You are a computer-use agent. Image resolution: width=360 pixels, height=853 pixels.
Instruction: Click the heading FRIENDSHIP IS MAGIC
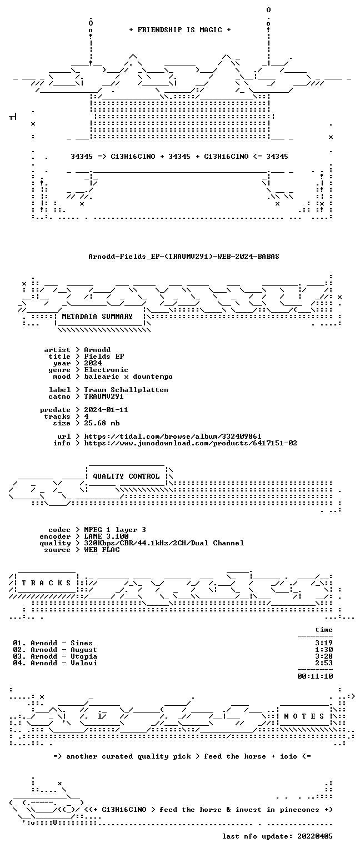[180, 29]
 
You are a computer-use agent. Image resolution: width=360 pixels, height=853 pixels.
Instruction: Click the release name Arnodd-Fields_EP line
[184, 256]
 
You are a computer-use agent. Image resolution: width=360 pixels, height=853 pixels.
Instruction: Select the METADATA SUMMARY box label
[97, 316]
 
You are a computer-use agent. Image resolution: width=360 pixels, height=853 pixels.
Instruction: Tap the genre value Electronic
[106, 370]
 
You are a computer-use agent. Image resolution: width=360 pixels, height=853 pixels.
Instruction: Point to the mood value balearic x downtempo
[128, 377]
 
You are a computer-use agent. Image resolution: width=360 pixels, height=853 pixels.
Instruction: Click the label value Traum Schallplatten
[126, 390]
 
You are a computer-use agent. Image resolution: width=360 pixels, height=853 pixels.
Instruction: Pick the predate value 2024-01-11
[106, 410]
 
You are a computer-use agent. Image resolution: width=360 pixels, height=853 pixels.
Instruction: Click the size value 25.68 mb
[102, 423]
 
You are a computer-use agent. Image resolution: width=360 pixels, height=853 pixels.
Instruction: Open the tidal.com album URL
[173, 436]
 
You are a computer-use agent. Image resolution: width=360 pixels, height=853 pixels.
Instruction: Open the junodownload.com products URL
[191, 443]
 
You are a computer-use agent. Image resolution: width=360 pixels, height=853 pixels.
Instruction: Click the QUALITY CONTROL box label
[126, 476]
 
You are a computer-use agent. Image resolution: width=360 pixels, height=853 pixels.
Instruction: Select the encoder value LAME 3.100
[106, 536]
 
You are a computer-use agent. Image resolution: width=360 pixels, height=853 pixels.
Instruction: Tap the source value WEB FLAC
[102, 550]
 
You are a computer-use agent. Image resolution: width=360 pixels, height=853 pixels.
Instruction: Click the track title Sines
[82, 643]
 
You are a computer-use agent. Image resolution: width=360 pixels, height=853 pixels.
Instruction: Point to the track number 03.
[18, 656]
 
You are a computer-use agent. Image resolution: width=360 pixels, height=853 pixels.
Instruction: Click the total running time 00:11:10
[315, 676]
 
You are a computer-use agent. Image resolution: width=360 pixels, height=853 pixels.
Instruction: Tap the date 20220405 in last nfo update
[314, 836]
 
